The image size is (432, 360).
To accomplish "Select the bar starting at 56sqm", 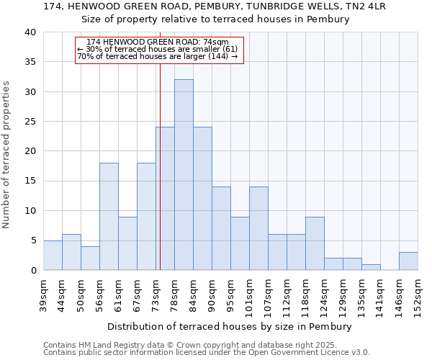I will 109,217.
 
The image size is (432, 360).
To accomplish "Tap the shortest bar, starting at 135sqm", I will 371,267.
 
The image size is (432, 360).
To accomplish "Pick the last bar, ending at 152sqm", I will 408,261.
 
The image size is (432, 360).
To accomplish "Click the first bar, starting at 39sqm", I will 53,256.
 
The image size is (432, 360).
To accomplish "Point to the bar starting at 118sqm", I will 315,243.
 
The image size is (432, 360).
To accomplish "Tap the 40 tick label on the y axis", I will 30,32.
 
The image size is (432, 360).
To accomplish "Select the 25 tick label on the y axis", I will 30,122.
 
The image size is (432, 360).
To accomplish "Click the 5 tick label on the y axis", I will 33,240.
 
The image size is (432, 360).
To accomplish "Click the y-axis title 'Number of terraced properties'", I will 6,154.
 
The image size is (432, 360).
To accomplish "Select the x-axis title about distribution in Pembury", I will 230,326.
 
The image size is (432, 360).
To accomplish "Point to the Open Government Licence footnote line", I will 207,353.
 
